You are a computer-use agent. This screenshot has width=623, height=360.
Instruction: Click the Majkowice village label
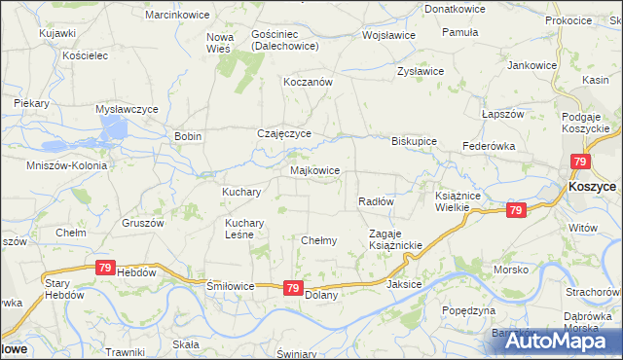coord(314,170)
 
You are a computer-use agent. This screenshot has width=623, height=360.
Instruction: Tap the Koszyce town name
coord(592,186)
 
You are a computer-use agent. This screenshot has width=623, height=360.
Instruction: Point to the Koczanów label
coord(308,83)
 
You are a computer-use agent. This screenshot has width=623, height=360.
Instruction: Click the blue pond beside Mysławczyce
coord(115,129)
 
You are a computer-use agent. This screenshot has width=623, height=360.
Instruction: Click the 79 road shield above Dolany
coord(293,287)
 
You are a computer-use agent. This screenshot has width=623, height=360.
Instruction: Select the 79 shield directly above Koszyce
coord(581,162)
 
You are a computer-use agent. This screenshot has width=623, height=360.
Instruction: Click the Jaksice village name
coord(404,284)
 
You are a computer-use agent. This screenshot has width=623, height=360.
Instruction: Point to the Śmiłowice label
coord(230,287)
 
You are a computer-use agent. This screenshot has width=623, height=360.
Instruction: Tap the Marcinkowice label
coord(172,15)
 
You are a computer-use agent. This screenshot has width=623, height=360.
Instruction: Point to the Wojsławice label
coord(388,35)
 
